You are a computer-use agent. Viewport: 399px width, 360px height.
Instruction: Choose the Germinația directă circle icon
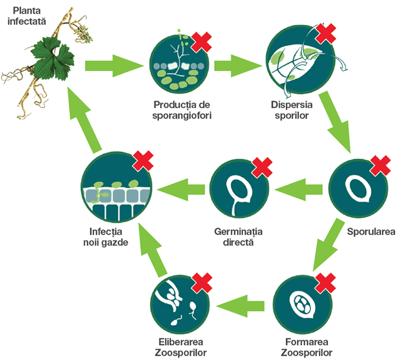coord(238,189)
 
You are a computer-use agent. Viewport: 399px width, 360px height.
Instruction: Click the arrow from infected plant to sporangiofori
coord(115,62)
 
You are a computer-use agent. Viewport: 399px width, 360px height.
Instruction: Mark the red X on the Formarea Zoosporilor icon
coord(326,284)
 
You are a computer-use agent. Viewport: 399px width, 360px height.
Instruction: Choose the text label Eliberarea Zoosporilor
coord(178,348)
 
